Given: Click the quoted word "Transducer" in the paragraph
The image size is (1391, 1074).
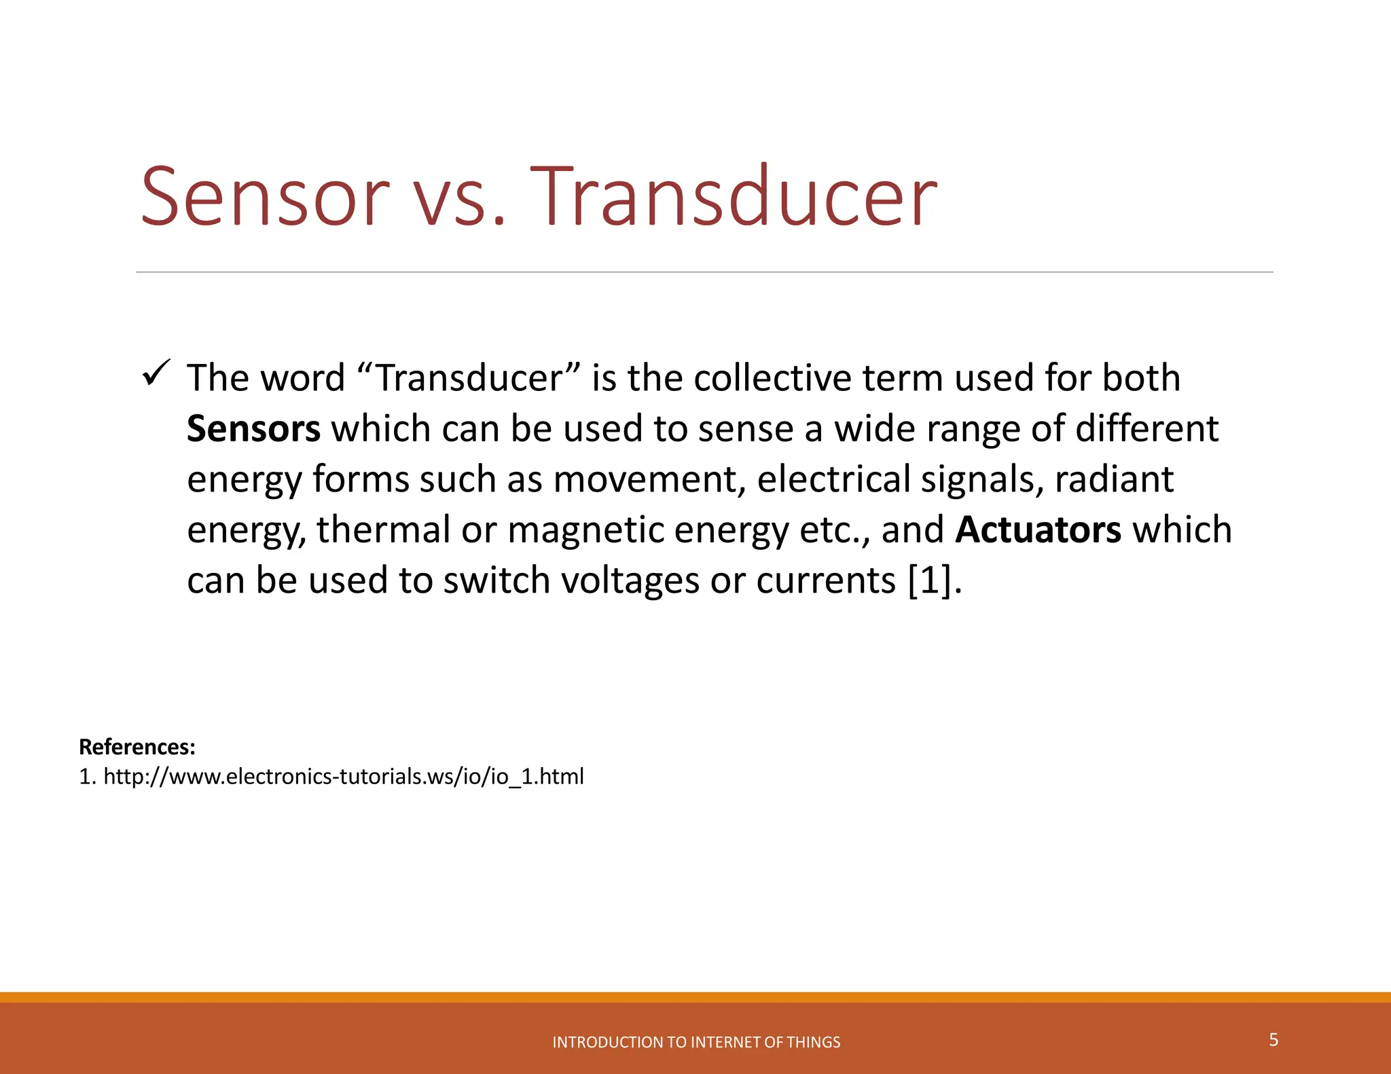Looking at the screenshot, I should coord(469,378).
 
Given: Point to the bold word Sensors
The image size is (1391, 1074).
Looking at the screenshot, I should coord(253,429).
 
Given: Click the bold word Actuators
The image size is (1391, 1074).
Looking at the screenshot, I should coord(1038,530).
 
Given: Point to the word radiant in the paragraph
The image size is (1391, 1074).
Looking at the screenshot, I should coord(1114,480).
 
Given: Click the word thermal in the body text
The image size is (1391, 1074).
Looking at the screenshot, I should coord(383,530).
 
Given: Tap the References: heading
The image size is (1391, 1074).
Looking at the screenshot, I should coord(137,747).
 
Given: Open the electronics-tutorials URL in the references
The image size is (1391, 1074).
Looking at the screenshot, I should coord(343,776).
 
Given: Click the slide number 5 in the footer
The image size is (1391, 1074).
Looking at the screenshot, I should coord(1273,1039).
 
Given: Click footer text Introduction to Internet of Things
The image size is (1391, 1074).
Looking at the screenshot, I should coord(696,1042).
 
